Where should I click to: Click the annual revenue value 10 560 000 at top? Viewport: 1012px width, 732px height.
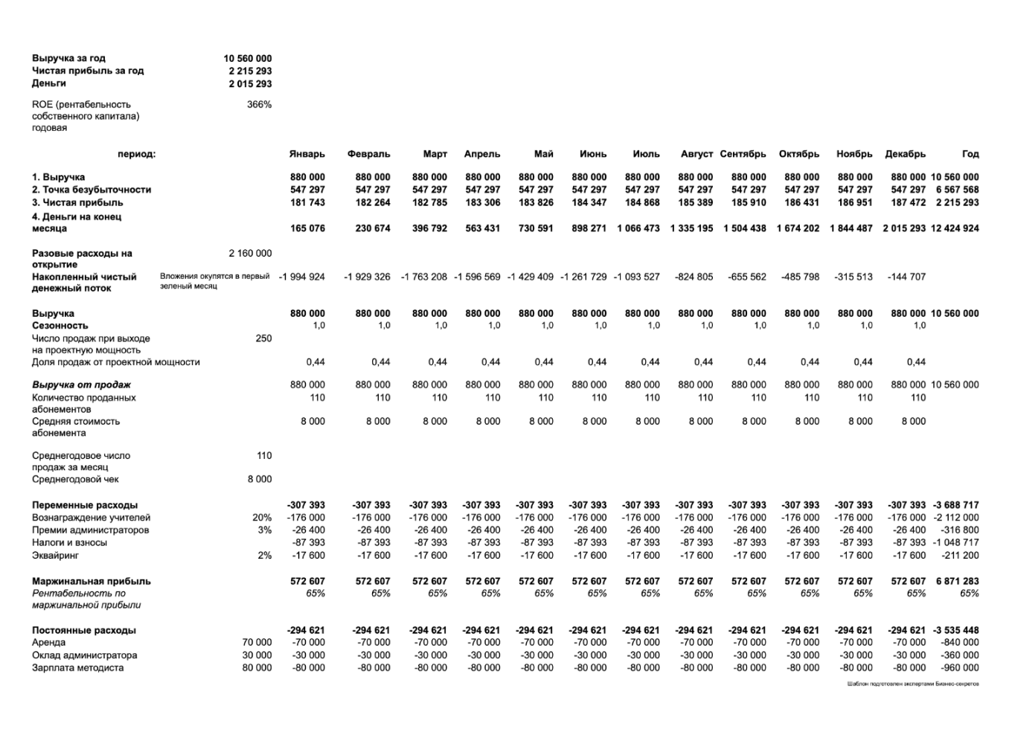(x=247, y=58)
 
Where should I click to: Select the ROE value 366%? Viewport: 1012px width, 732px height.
(x=259, y=105)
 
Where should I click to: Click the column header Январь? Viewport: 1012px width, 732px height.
(x=307, y=154)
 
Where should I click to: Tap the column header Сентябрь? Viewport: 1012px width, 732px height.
(x=743, y=154)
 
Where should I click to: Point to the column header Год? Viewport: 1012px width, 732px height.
(x=970, y=154)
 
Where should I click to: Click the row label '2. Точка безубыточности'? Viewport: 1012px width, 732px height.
(x=91, y=190)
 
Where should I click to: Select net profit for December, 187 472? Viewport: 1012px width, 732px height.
(x=908, y=202)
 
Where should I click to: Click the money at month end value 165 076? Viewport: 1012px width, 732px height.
(x=307, y=228)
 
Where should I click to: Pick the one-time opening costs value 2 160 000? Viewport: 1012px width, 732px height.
(x=250, y=254)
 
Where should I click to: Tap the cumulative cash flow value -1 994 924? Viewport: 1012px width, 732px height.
(x=301, y=277)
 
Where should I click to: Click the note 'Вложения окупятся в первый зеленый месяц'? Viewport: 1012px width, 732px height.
(x=214, y=281)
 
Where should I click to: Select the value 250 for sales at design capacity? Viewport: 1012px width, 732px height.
(x=263, y=338)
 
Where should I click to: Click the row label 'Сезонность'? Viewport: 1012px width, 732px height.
(x=60, y=326)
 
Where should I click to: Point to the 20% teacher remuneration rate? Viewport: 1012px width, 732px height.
(x=262, y=518)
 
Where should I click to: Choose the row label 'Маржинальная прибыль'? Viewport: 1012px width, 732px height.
(x=91, y=581)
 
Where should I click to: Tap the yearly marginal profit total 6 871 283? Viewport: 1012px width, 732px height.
(x=960, y=581)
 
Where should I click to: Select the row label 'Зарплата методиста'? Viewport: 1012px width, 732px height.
(x=77, y=668)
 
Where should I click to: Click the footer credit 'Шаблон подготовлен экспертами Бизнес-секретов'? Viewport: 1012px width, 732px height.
(x=912, y=684)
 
